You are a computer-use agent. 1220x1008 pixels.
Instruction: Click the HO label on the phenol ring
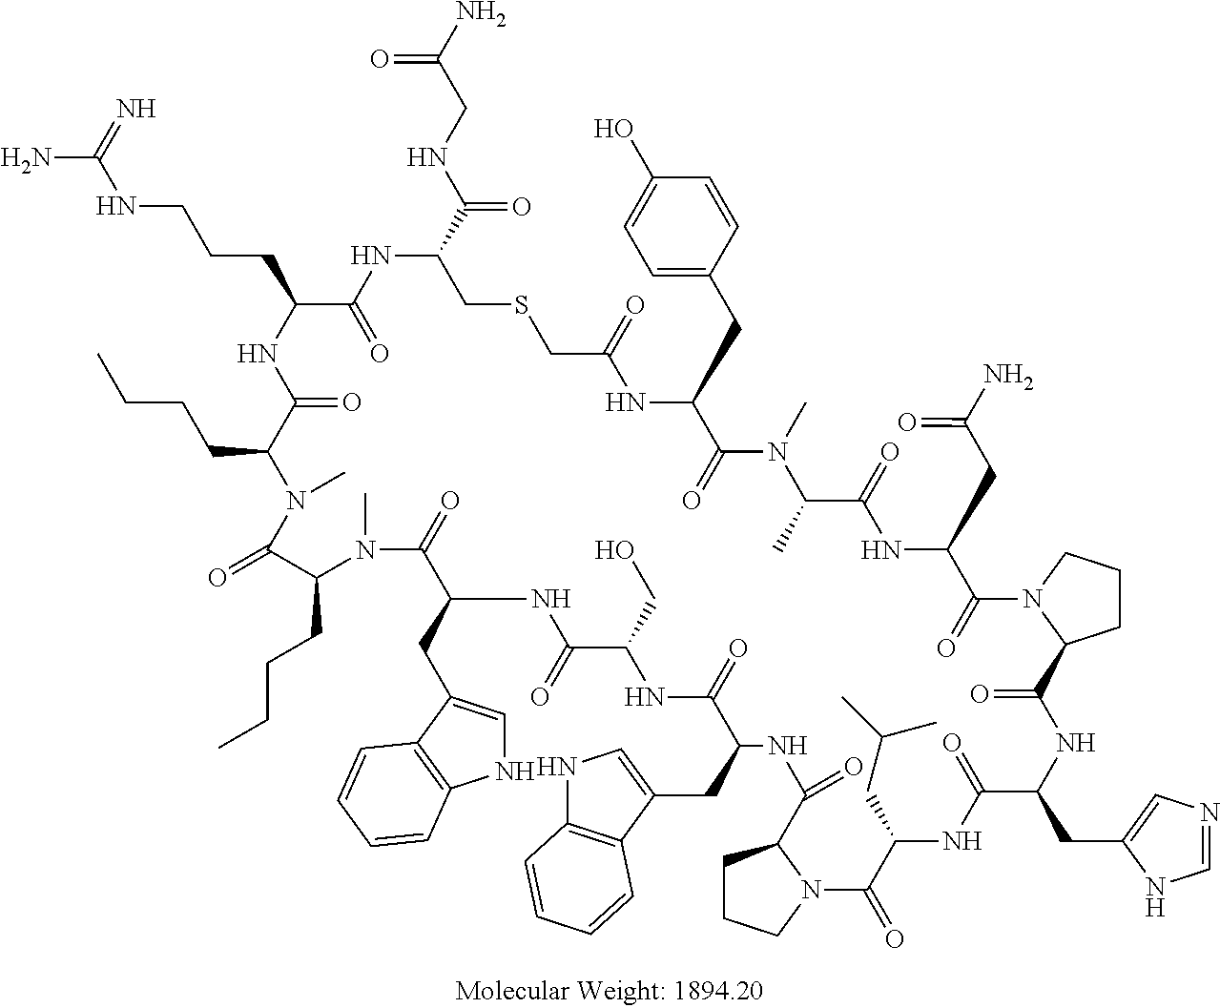coord(611,130)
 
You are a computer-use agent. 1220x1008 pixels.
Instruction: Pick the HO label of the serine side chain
coord(613,550)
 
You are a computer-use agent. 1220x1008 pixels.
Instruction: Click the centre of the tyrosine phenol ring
coord(681,226)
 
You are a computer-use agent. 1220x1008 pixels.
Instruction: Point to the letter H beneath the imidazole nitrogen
coord(1156,907)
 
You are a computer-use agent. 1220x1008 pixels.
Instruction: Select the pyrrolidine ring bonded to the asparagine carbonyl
coord(1081,607)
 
